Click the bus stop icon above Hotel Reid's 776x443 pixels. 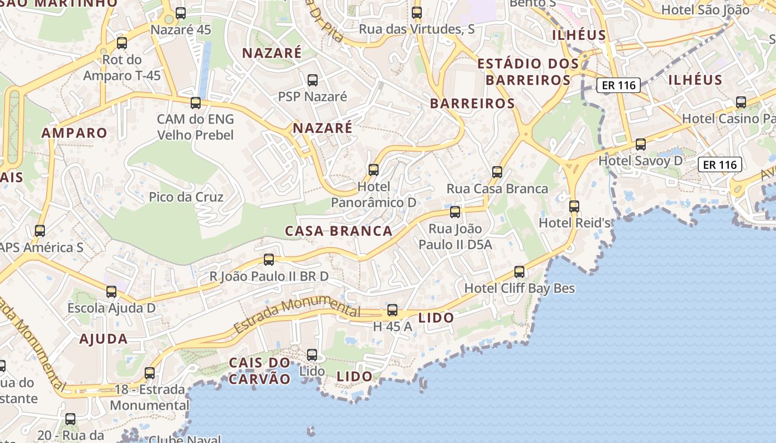574,207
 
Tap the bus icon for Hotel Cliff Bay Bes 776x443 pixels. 519,272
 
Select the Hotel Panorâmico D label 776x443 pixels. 374,194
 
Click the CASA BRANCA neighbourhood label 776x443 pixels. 339,231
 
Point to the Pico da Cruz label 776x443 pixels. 186,197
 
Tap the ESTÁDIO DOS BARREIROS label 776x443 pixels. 528,72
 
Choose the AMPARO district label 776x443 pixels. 74,133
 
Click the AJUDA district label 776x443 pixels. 104,339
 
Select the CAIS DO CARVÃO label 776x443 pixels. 260,371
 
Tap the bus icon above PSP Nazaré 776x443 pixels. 313,80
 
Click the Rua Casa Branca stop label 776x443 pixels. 497,188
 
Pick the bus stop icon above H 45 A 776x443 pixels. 392,310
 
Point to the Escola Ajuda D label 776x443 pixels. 111,308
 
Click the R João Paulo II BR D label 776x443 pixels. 269,276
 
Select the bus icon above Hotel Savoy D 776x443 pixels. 641,145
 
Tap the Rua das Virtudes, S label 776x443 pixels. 417,29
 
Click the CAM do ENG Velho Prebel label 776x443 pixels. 195,127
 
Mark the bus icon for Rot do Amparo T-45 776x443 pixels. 122,43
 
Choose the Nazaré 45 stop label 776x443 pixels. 181,29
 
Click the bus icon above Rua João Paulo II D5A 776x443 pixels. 455,212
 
